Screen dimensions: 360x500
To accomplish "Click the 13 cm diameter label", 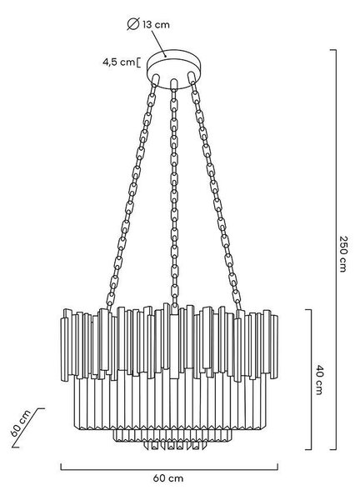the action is tap(156, 24).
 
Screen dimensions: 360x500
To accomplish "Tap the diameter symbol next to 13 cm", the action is tap(133, 24).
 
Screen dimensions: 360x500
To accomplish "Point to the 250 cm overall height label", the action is tap(342, 254).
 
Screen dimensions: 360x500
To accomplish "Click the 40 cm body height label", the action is tap(319, 379).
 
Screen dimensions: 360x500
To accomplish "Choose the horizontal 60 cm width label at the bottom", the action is tap(168, 478).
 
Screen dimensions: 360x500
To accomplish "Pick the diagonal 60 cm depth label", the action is tap(20, 423).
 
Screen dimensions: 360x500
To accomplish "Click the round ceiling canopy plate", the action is tap(174, 68).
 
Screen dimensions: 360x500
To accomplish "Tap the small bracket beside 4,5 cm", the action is tap(138, 62).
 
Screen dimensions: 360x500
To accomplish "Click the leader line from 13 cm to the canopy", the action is tap(159, 43).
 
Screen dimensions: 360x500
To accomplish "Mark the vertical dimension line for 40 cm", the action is tap(310, 379).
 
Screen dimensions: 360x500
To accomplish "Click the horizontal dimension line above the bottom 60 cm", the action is tap(169, 469).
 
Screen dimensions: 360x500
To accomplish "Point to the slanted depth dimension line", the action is tap(28, 427).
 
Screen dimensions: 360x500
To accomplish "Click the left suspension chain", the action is tap(132, 193).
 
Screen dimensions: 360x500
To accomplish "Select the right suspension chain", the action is tap(216, 193).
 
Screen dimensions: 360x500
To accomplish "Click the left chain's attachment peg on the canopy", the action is tap(156, 79).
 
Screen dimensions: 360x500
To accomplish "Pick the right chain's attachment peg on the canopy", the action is tap(192, 77).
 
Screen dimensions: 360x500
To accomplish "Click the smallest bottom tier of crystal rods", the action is tap(174, 445).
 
